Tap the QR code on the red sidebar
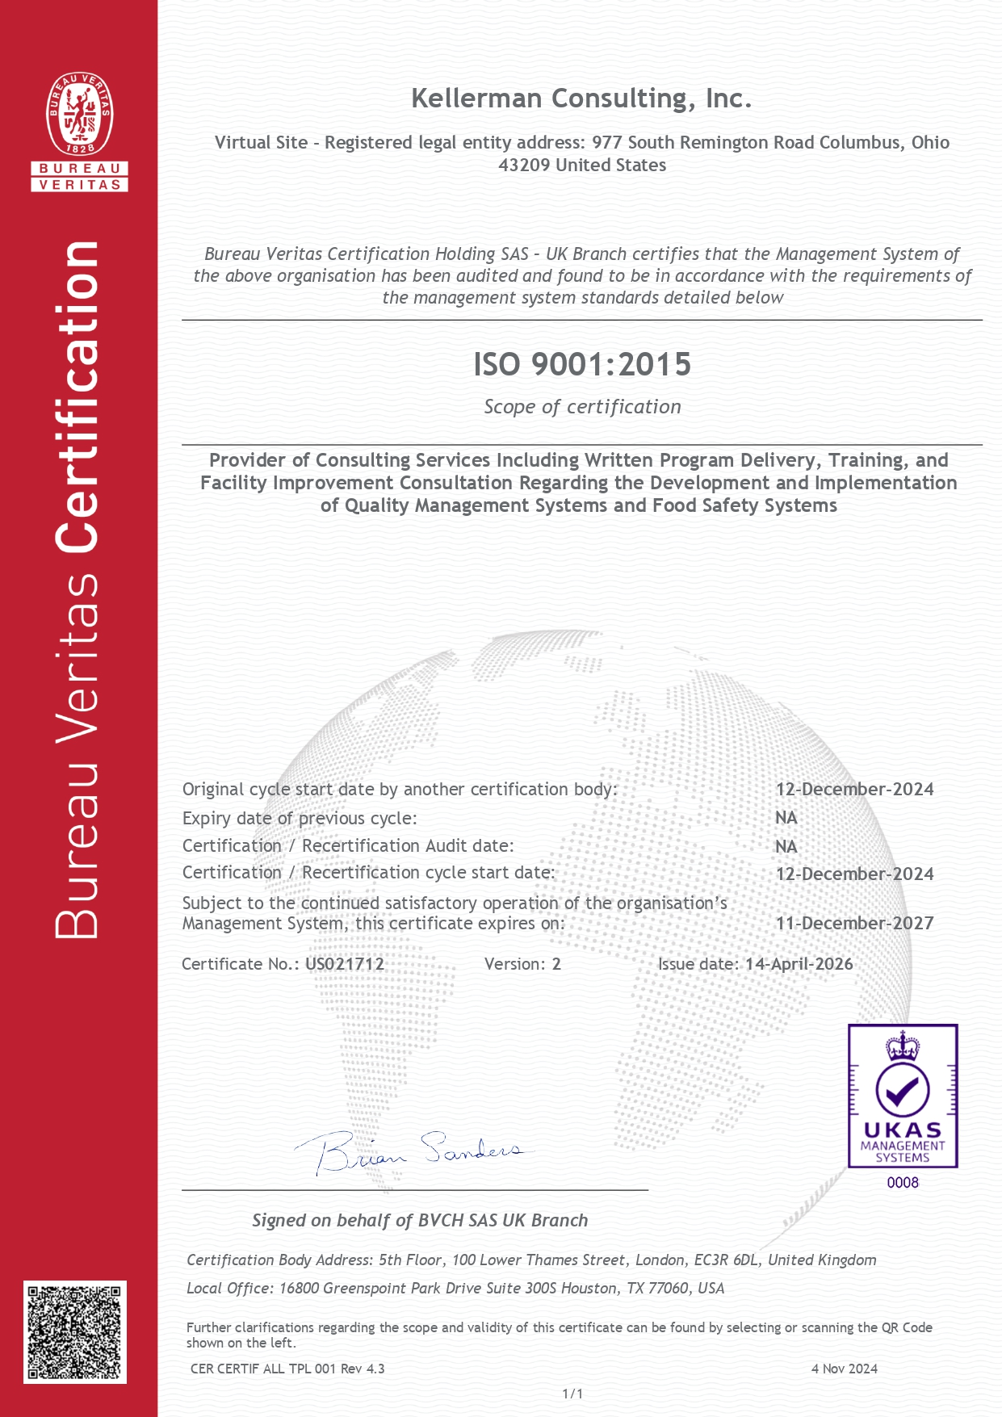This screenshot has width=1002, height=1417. (75, 1331)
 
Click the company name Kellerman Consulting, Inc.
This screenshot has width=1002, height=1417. (581, 99)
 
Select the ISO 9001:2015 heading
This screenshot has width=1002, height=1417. (582, 364)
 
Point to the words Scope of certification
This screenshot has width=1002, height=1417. (582, 407)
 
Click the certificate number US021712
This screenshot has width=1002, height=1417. (345, 964)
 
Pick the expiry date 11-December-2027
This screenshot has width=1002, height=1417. (854, 923)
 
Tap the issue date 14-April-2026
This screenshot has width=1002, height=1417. (799, 964)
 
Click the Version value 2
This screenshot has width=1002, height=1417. (556, 964)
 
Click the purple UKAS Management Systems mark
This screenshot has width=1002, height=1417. (903, 1096)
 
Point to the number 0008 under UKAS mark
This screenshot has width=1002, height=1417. (903, 1183)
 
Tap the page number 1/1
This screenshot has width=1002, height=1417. (572, 1394)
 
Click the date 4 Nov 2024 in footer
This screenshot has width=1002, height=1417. (844, 1369)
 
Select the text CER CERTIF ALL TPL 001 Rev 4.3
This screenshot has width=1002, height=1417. (287, 1369)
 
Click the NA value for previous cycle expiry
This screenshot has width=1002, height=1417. (786, 818)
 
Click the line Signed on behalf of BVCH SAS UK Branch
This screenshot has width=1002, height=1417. (420, 1221)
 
